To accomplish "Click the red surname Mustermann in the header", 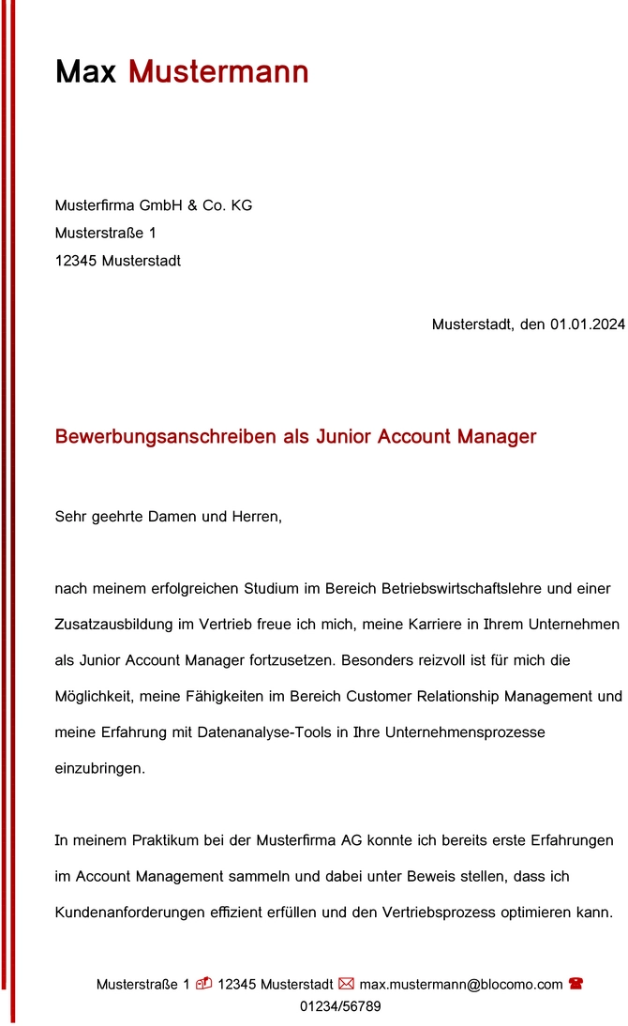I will coord(218,71).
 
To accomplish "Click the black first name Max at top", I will coord(85,71).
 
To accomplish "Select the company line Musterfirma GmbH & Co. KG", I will coord(154,205).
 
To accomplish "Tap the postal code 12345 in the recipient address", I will coord(76,261).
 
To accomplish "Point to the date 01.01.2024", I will coord(587,324).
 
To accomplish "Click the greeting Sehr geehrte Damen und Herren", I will coord(169,517).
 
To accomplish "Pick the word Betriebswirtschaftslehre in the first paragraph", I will coord(463,589).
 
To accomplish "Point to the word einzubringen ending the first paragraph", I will coord(100,768).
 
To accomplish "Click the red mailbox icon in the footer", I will coord(203,984).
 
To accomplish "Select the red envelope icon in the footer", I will coord(346,984).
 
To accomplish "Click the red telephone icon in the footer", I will coord(576,984).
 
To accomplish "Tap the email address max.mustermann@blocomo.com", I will coord(461,985).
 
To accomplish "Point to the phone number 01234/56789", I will coord(340,1006).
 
